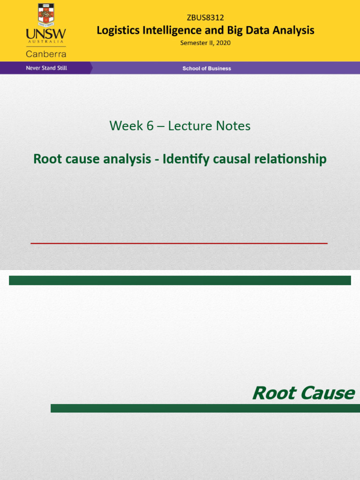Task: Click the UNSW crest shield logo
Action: (46, 15)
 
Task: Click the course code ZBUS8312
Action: (205, 18)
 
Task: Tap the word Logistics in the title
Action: (118, 30)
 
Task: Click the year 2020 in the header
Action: (223, 43)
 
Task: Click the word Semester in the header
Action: (195, 43)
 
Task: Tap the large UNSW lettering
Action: (46, 35)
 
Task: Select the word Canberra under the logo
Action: (46, 54)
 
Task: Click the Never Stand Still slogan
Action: (46, 68)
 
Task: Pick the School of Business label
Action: (207, 68)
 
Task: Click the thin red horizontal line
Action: (179, 243)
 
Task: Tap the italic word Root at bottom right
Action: (274, 393)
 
